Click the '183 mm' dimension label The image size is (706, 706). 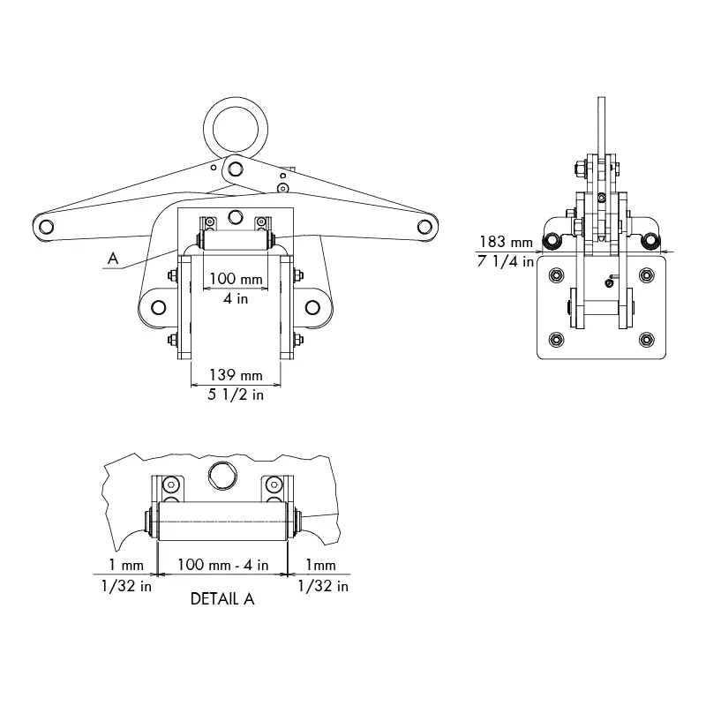pyautogui.click(x=507, y=241)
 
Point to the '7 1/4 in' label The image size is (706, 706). pyautogui.click(x=507, y=260)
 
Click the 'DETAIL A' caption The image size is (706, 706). pyautogui.click(x=222, y=599)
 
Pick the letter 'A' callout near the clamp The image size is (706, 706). pyautogui.click(x=111, y=258)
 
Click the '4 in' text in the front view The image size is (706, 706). pyautogui.click(x=235, y=298)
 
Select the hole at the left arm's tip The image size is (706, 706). pyautogui.click(x=46, y=227)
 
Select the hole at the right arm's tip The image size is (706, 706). pyautogui.click(x=425, y=227)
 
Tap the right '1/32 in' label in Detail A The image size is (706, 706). pyautogui.click(x=322, y=585)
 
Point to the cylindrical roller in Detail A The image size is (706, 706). pyautogui.click(x=222, y=520)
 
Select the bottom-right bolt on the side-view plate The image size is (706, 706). pyautogui.click(x=647, y=340)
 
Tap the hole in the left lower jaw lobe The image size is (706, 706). pyautogui.click(x=158, y=307)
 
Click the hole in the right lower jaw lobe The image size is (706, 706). pyautogui.click(x=312, y=307)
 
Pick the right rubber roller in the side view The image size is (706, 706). pyautogui.click(x=652, y=241)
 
